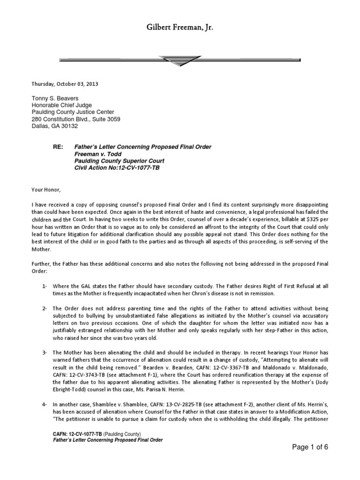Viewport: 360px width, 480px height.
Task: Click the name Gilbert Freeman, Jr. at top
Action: click(180, 29)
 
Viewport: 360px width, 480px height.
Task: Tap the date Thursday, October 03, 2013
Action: click(65, 84)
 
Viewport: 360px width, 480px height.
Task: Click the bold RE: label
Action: click(58, 147)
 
